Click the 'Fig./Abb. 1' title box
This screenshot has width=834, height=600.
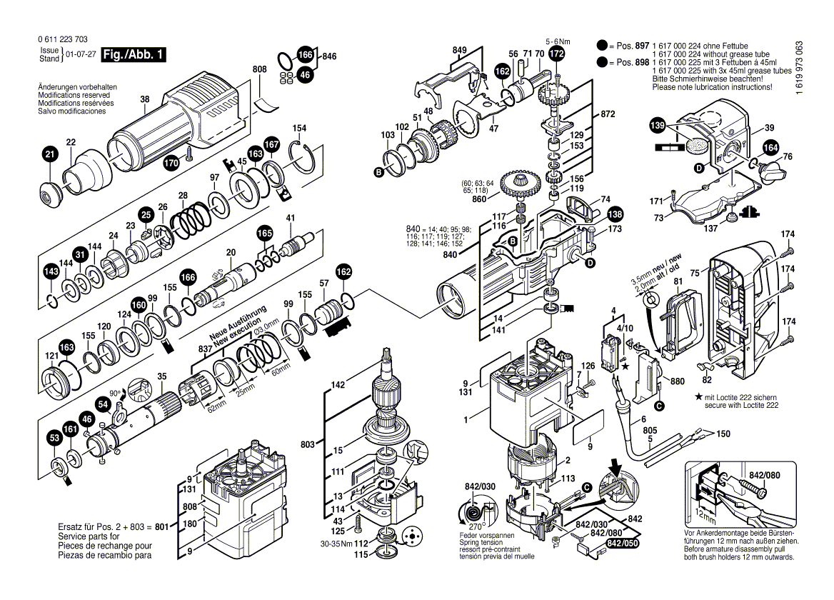coord(134,55)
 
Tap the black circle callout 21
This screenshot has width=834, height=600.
coord(50,154)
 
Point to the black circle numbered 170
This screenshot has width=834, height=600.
coord(171,163)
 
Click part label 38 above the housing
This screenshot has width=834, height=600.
coord(145,99)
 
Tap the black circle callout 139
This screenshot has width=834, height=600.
coord(657,126)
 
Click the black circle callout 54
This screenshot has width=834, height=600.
coord(104,405)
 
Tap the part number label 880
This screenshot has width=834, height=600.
coord(677,381)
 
